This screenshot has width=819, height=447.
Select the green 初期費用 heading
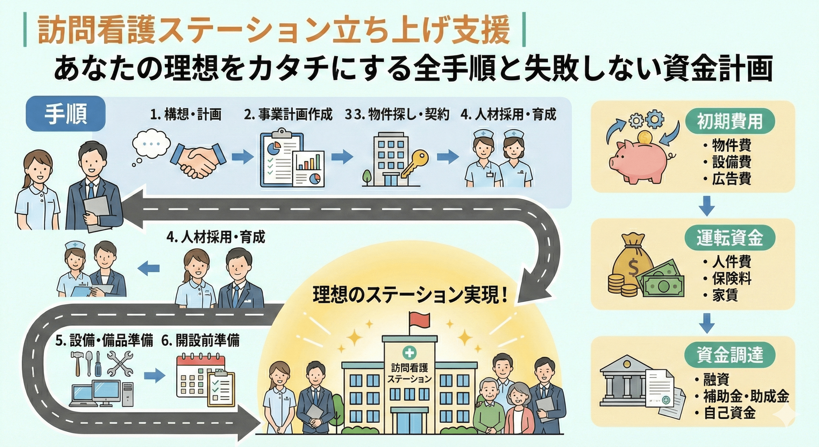[x=730, y=122]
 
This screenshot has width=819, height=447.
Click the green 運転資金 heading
[x=730, y=238]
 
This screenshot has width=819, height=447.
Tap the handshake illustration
[x=199, y=161]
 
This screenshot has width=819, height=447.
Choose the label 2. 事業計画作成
[x=288, y=115]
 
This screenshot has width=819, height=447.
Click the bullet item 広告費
[x=731, y=179]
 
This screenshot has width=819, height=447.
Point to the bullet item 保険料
[x=731, y=279]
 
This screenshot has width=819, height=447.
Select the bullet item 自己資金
[x=729, y=414]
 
